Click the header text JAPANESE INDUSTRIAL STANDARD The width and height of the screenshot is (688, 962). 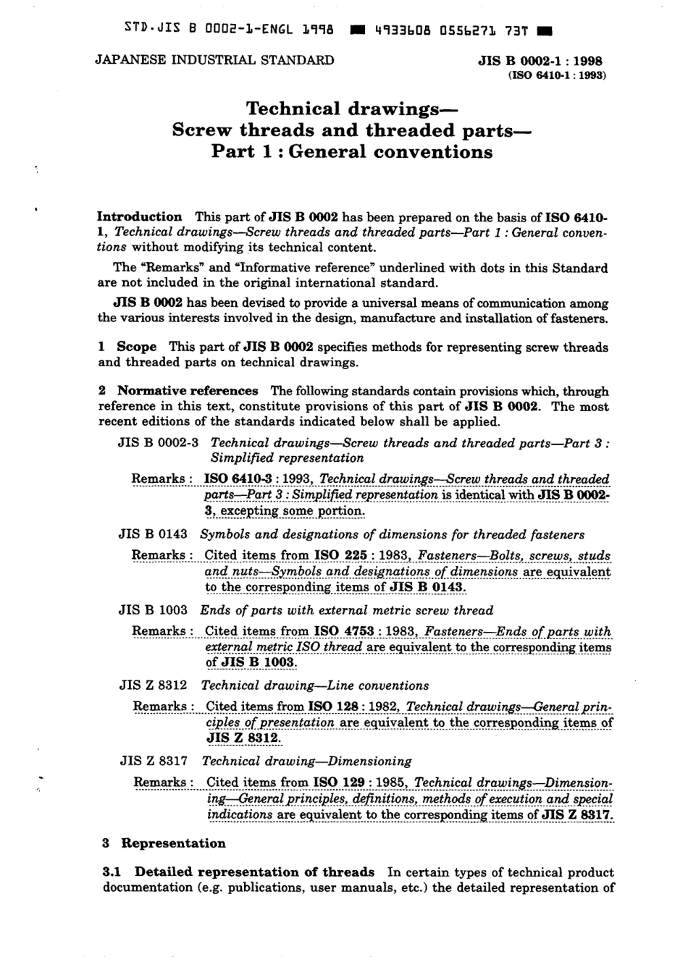(x=214, y=60)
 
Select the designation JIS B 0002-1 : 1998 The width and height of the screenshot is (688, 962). (x=540, y=62)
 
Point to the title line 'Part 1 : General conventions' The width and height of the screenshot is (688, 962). (x=352, y=152)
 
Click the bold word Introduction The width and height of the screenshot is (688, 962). (x=140, y=216)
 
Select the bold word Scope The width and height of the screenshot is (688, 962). (x=136, y=347)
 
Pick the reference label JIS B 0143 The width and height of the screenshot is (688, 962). (x=153, y=534)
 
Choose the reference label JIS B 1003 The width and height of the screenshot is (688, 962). (x=153, y=610)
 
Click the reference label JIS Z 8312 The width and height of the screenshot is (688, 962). (x=154, y=685)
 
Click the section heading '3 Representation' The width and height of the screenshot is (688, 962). (x=164, y=843)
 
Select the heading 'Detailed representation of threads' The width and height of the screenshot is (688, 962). (x=254, y=872)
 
